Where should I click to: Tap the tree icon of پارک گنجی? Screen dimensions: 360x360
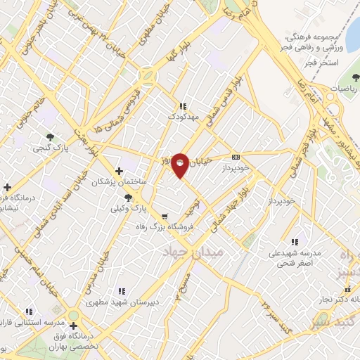pos(50,136)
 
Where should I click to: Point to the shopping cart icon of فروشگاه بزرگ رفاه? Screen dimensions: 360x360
pos(164,217)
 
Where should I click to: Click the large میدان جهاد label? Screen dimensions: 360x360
pos(193,251)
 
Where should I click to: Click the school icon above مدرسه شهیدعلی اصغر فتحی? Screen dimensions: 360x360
pos(294,242)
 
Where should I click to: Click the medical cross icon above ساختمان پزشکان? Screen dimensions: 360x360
pos(119,171)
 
